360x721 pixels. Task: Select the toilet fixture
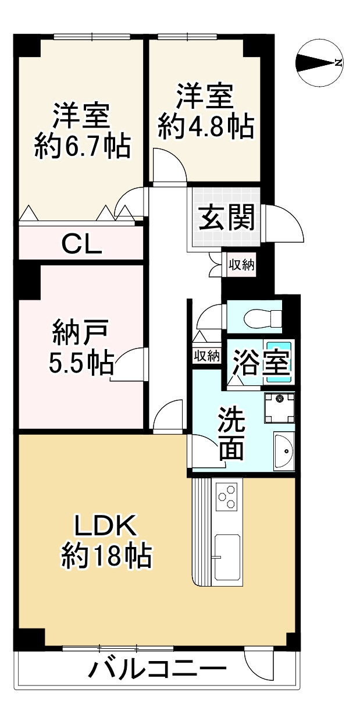click(x=262, y=318)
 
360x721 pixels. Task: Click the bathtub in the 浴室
click(x=279, y=361)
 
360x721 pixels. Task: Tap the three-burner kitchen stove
click(x=227, y=496)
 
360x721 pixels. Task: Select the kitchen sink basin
click(x=227, y=557)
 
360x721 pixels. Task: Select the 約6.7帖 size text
click(x=81, y=147)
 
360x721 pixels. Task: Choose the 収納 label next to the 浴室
click(x=206, y=355)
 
